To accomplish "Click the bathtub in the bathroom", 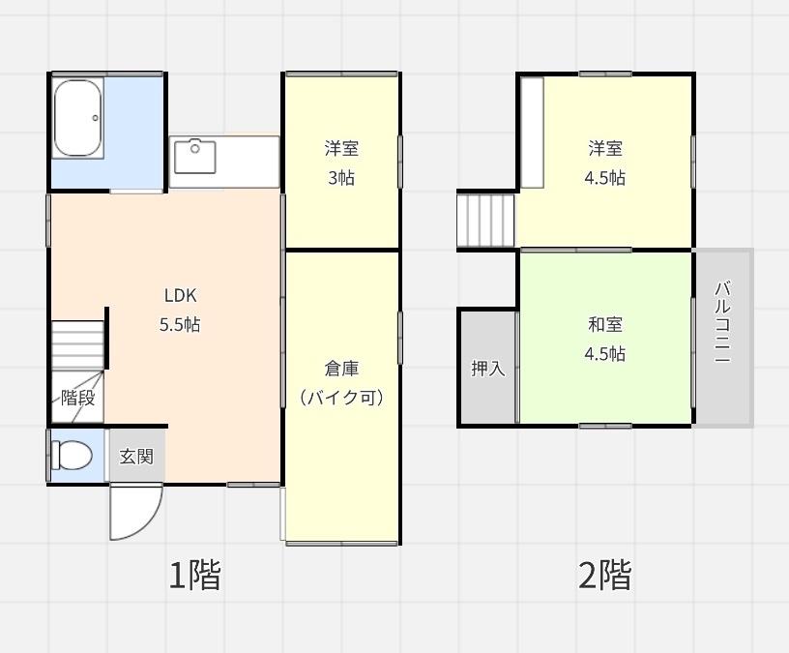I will click(78, 118).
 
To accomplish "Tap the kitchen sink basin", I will click(194, 157).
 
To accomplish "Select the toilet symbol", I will click(73, 455).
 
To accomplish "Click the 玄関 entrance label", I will click(136, 456).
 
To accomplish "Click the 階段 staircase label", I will click(77, 398).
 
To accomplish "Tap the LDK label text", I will click(180, 296).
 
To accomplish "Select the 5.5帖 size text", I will click(180, 325).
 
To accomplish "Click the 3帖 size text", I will click(341, 178).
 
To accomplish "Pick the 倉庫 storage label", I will click(341, 369).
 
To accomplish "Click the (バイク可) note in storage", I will click(341, 398).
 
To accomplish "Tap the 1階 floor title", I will click(195, 576).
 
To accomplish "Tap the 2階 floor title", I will click(605, 576).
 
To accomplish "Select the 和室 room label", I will click(605, 325).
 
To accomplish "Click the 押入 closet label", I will click(487, 369).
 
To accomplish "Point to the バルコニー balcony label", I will click(722, 321).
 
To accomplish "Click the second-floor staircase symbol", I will click(487, 221).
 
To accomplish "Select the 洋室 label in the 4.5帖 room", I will click(605, 149).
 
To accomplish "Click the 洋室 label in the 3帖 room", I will click(341, 149).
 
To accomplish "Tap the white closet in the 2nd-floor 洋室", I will click(533, 133).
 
